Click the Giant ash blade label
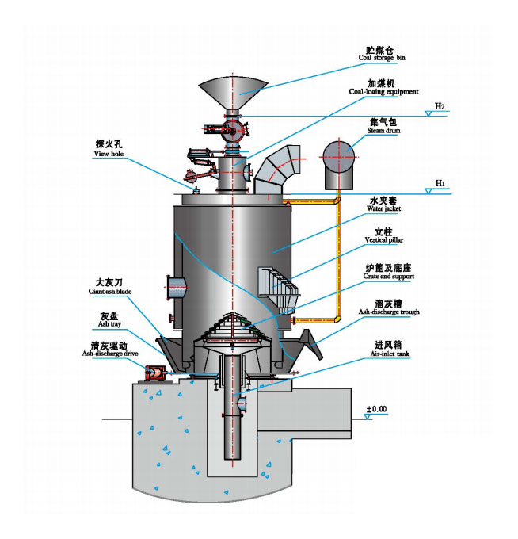click(111, 286)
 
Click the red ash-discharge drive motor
click(155, 370)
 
